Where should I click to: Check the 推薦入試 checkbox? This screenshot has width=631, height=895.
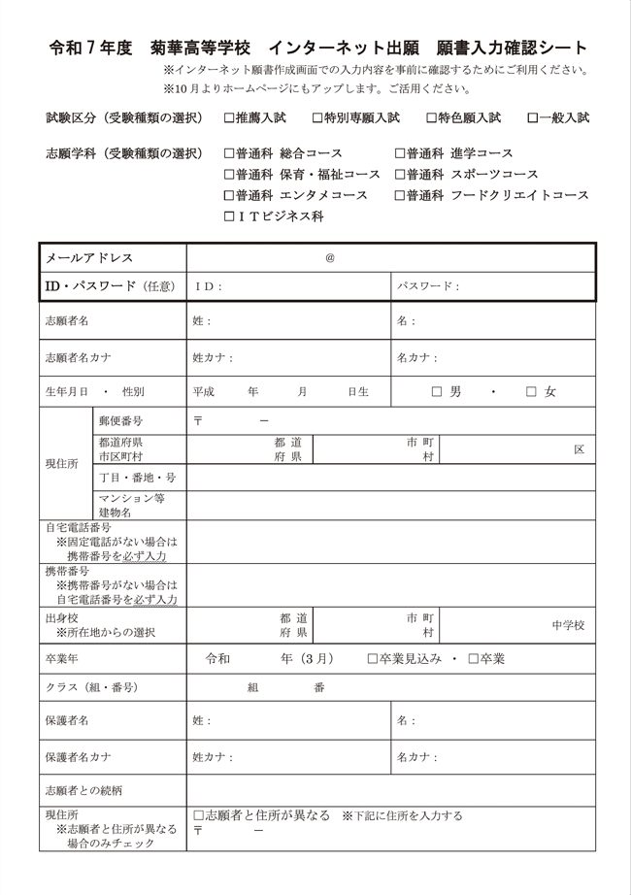point(229,118)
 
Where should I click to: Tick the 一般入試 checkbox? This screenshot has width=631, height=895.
point(532,118)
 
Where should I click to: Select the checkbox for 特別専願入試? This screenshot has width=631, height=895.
point(318,118)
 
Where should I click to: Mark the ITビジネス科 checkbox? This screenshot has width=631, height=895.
point(229,216)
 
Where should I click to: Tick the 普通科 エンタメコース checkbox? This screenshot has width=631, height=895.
point(229,195)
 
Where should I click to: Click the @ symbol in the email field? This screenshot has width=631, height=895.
point(330,258)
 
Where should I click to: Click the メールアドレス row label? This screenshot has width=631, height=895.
point(89,258)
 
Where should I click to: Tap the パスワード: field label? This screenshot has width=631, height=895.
point(428,286)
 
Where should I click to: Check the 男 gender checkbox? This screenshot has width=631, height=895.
point(436,392)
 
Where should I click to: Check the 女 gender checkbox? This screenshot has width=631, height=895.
point(531,392)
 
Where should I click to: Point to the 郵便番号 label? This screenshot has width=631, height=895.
point(120,421)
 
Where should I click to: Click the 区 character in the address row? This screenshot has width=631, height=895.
point(579,449)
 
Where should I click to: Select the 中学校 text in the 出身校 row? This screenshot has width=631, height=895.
point(568,625)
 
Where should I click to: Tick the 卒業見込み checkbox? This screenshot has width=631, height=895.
point(373,659)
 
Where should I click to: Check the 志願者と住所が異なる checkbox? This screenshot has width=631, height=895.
point(198,816)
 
